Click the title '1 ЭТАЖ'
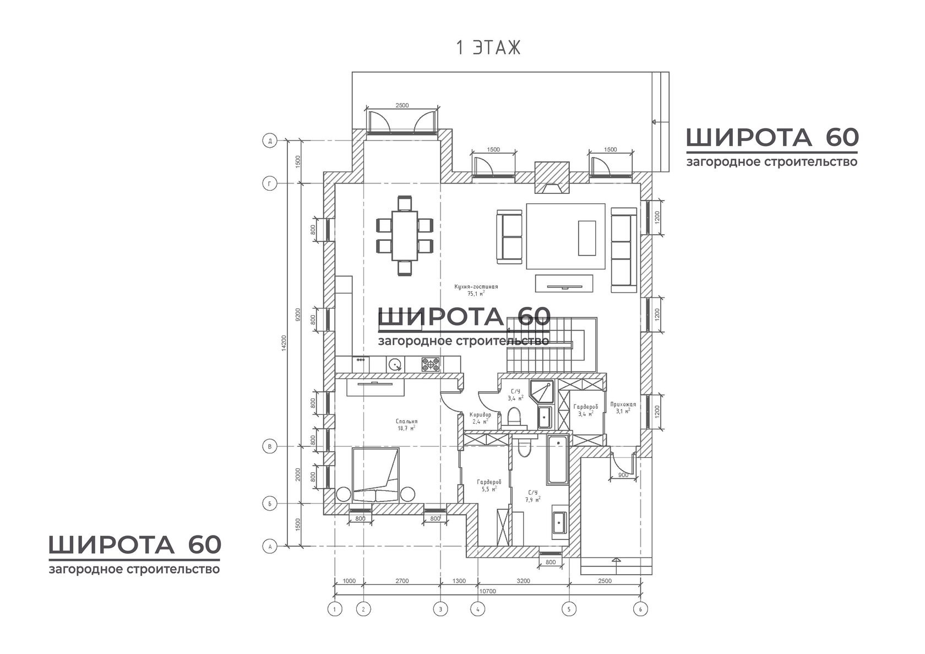[488, 48]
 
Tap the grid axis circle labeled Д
[269, 141]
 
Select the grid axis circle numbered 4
[477, 609]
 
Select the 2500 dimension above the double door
[402, 105]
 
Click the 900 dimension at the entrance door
[623, 475]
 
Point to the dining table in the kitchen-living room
[405, 235]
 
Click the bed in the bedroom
[376, 475]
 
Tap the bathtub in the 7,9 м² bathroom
[558, 459]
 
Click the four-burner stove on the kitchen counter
[431, 364]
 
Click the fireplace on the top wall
[552, 177]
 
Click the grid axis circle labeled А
[269, 547]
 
